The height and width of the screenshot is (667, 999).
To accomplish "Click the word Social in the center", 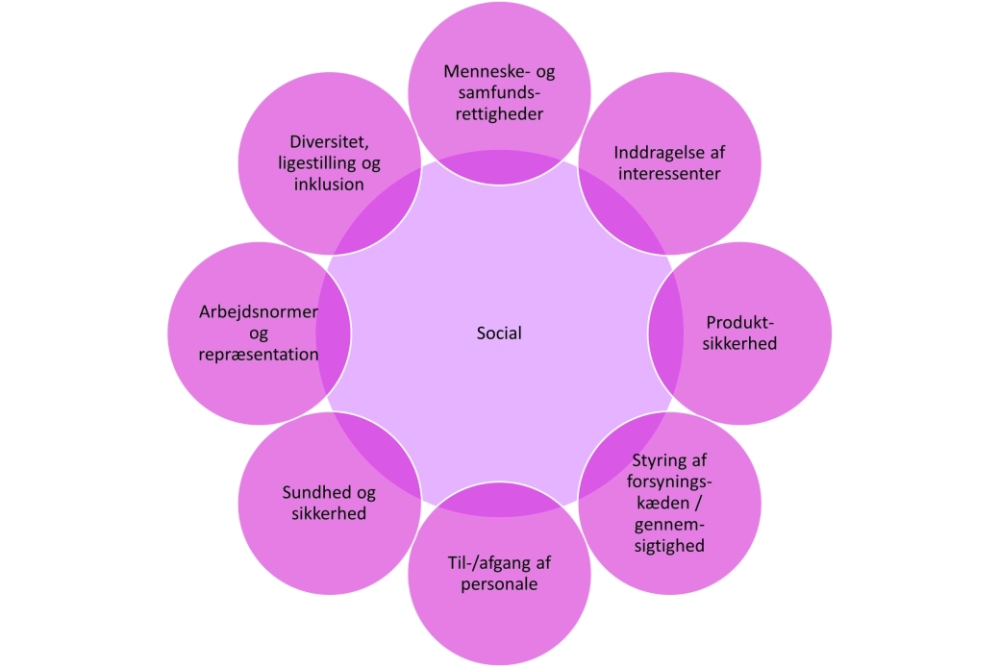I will click(x=499, y=333).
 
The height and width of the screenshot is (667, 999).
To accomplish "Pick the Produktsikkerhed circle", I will click(x=740, y=333).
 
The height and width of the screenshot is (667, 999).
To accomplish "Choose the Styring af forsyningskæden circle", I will click(x=670, y=502).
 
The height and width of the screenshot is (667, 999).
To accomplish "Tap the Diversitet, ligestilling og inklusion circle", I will click(x=329, y=163).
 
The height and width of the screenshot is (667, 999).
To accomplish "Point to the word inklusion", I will click(x=329, y=184).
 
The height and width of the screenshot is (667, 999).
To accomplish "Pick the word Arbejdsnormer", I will click(x=258, y=312).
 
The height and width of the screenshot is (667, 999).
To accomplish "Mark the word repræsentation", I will click(x=258, y=354).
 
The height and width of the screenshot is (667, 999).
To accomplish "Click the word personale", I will click(x=499, y=583).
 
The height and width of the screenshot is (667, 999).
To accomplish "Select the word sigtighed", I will click(x=670, y=546).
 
